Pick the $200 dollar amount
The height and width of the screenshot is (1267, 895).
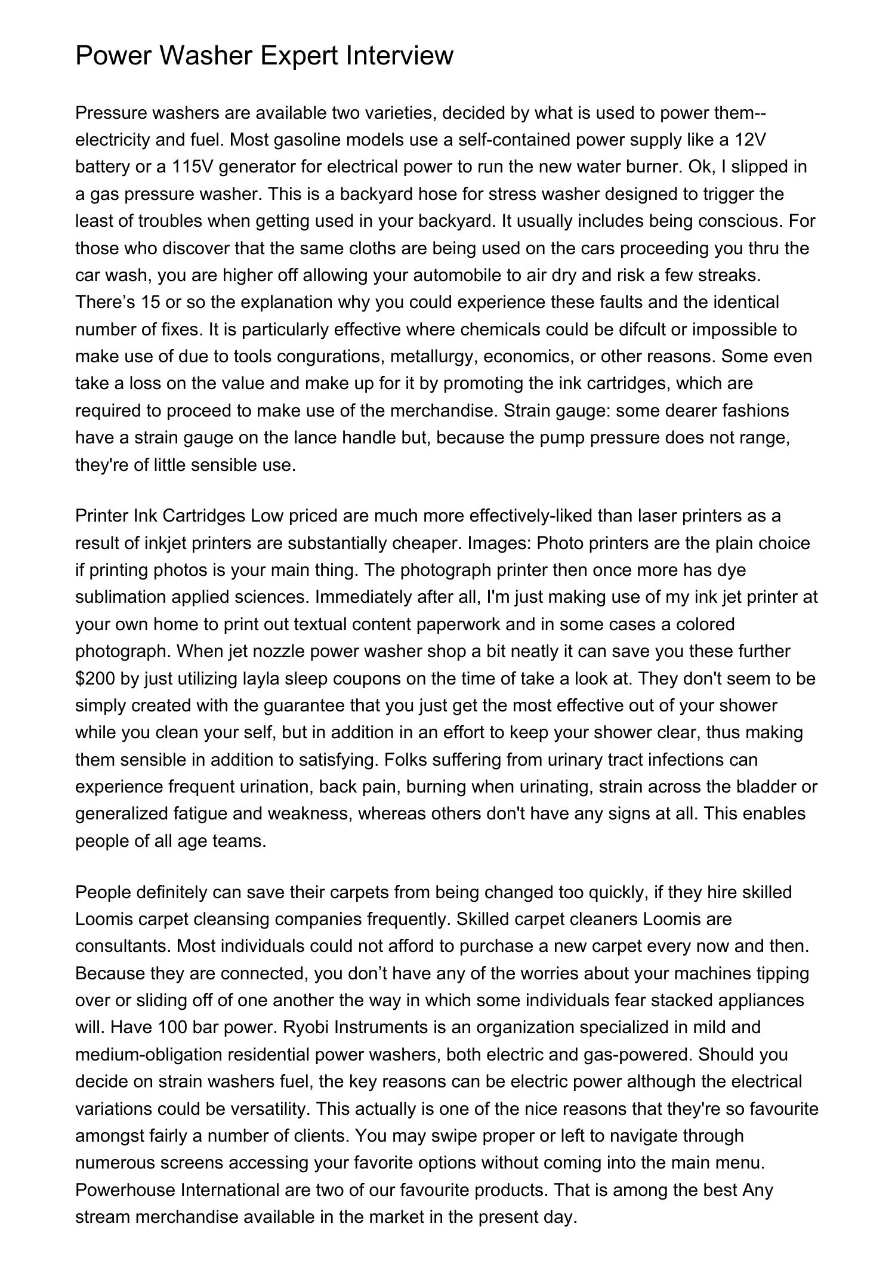[95, 679]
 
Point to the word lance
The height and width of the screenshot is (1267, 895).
[313, 437]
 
